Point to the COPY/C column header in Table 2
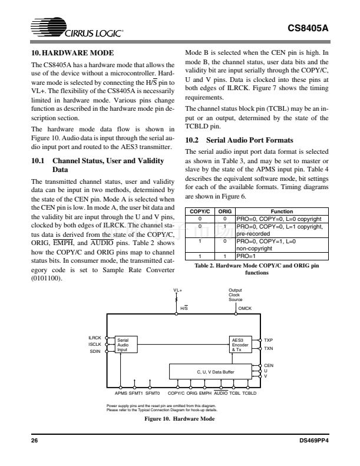click(199, 210)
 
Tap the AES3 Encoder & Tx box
click(243, 344)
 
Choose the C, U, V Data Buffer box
click(211, 371)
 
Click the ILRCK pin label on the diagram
click(95, 338)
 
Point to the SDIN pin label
click(96, 351)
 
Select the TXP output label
click(269, 340)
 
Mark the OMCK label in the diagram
click(245, 308)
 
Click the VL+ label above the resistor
click(177, 290)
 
